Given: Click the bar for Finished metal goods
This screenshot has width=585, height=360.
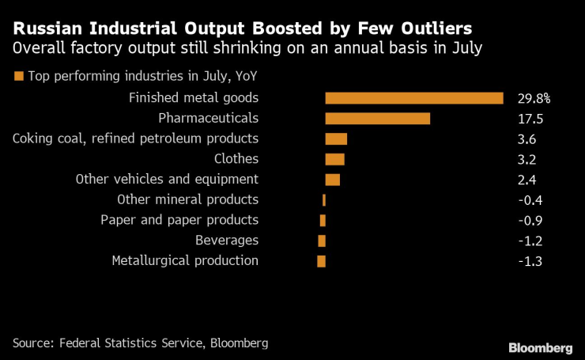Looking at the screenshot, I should [414, 98].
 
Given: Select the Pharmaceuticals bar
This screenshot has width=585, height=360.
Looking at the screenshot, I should [377, 119].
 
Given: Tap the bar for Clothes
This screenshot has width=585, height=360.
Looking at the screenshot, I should [334, 159].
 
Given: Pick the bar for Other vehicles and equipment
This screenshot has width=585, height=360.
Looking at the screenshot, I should [332, 180].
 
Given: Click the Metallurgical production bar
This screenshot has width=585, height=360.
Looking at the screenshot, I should [321, 261].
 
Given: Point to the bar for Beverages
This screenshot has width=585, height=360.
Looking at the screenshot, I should [322, 241].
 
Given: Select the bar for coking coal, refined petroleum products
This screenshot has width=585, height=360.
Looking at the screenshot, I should [336, 139].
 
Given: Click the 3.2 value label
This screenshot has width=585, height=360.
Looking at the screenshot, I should [526, 159].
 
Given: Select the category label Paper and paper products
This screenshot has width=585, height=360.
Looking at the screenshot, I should [179, 220].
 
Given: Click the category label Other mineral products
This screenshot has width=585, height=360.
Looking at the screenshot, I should [187, 199].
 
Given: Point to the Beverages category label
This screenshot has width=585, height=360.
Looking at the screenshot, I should [227, 241].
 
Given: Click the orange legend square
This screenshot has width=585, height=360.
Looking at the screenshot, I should [17, 77].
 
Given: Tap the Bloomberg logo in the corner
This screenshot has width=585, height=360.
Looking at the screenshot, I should [540, 347].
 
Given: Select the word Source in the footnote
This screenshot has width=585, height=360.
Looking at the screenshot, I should [32, 343].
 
